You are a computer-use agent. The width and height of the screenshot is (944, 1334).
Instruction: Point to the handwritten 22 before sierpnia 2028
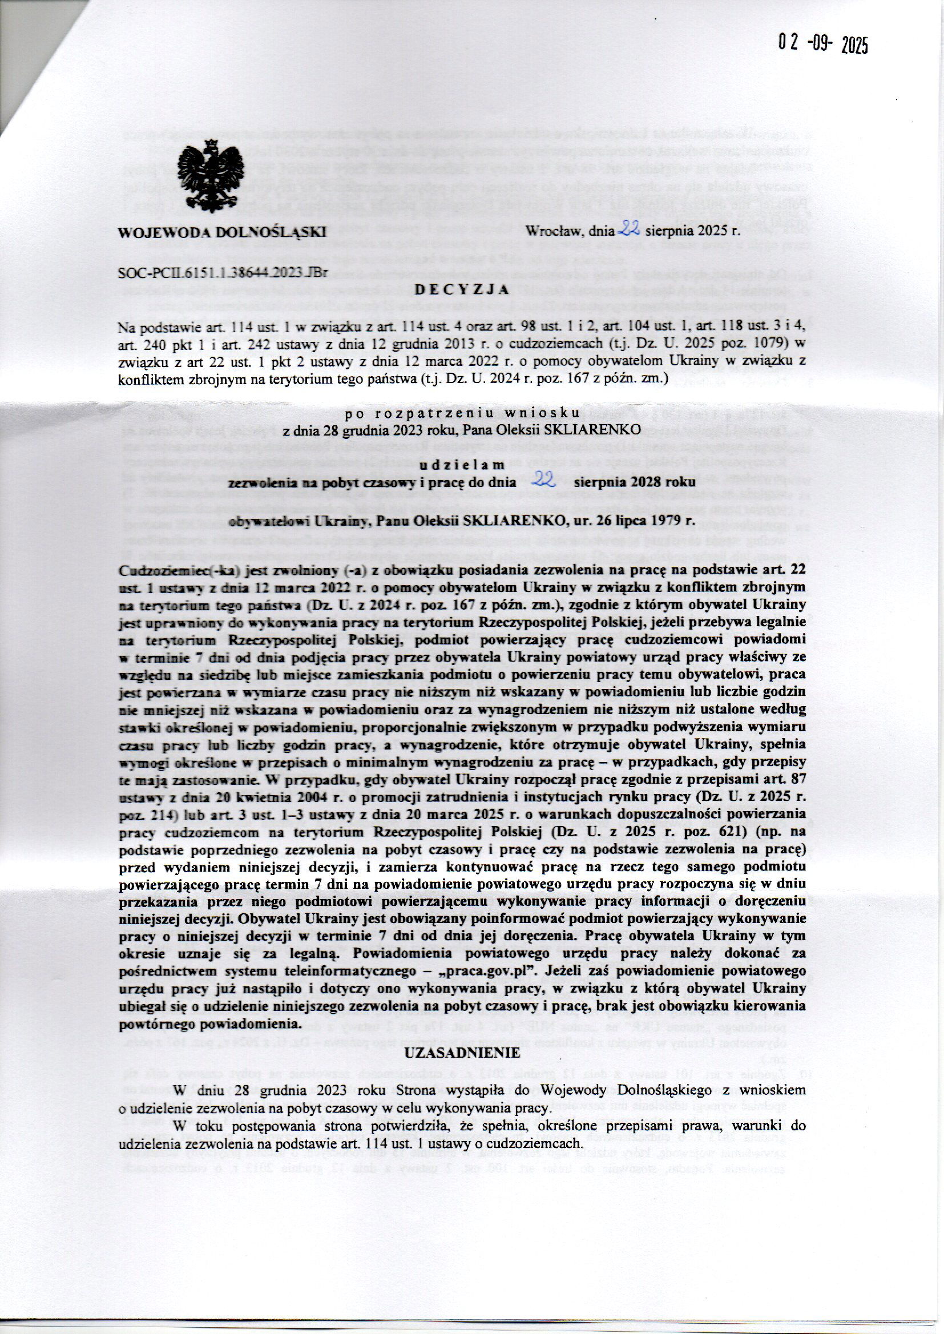tap(544, 479)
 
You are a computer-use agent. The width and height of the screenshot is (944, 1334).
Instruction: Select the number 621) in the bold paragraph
tap(746, 833)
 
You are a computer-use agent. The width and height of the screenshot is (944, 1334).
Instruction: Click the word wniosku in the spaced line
tap(552, 414)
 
